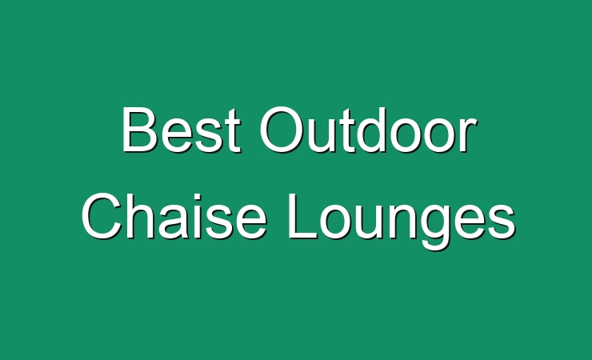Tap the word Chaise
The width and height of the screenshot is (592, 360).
[x=174, y=215]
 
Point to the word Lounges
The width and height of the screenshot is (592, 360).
[x=401, y=222]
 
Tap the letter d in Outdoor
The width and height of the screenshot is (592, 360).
[x=370, y=130]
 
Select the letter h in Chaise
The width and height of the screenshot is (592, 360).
[x=141, y=216]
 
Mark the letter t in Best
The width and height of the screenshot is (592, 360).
[x=232, y=132]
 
